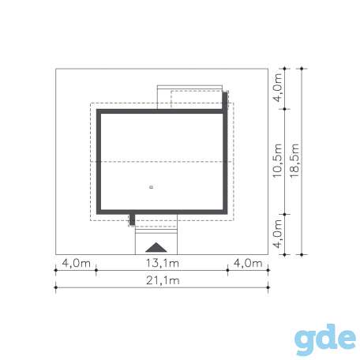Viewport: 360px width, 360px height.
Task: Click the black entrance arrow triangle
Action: (156, 248)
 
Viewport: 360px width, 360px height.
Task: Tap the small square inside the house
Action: (151, 187)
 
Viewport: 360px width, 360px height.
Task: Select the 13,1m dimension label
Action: (163, 263)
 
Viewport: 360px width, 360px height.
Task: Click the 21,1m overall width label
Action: (163, 280)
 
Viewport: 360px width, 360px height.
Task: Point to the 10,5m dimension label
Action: (277, 161)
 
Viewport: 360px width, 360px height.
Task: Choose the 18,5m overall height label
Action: (294, 161)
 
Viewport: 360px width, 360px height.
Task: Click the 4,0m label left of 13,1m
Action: (77, 263)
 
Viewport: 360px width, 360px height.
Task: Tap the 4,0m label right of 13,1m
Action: (248, 263)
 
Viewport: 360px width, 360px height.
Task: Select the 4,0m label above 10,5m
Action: (277, 88)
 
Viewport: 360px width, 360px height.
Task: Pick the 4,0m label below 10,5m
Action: (277, 234)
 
